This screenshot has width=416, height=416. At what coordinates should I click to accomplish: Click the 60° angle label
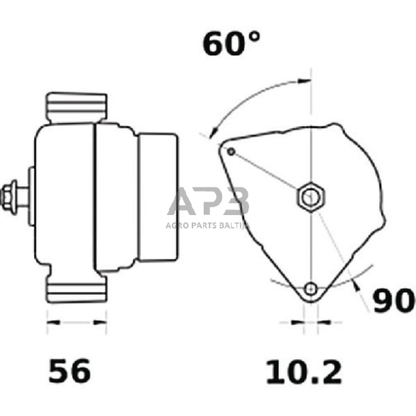(231, 43)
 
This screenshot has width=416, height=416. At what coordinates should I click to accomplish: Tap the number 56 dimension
(69, 371)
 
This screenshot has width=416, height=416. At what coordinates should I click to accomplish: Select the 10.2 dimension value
(304, 371)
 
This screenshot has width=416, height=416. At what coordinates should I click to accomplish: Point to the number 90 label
(393, 302)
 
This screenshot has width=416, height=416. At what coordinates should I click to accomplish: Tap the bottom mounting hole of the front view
(310, 288)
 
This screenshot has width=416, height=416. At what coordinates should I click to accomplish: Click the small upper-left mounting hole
(231, 151)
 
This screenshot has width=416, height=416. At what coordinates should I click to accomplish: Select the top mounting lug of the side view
(76, 106)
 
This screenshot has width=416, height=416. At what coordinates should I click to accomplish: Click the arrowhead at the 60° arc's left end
(211, 131)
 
